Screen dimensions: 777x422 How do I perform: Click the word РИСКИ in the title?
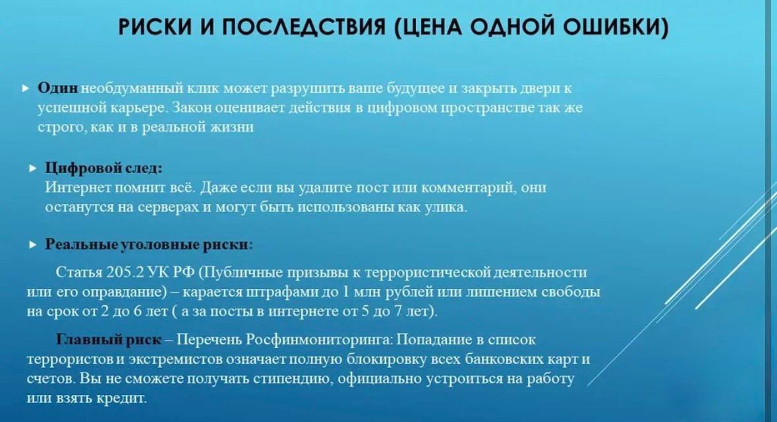155,27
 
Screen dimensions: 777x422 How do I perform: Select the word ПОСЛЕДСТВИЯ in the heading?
304,27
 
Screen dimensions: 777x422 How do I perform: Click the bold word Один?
58,88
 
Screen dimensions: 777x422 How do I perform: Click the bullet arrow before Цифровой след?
33,169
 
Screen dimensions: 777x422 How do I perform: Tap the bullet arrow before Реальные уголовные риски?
33,245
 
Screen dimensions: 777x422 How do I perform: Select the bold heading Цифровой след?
103,168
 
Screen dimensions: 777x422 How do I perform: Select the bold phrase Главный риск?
109,340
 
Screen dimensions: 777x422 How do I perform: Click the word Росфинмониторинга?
319,340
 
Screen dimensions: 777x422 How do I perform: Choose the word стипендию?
291,379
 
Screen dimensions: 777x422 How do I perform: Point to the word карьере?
139,108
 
